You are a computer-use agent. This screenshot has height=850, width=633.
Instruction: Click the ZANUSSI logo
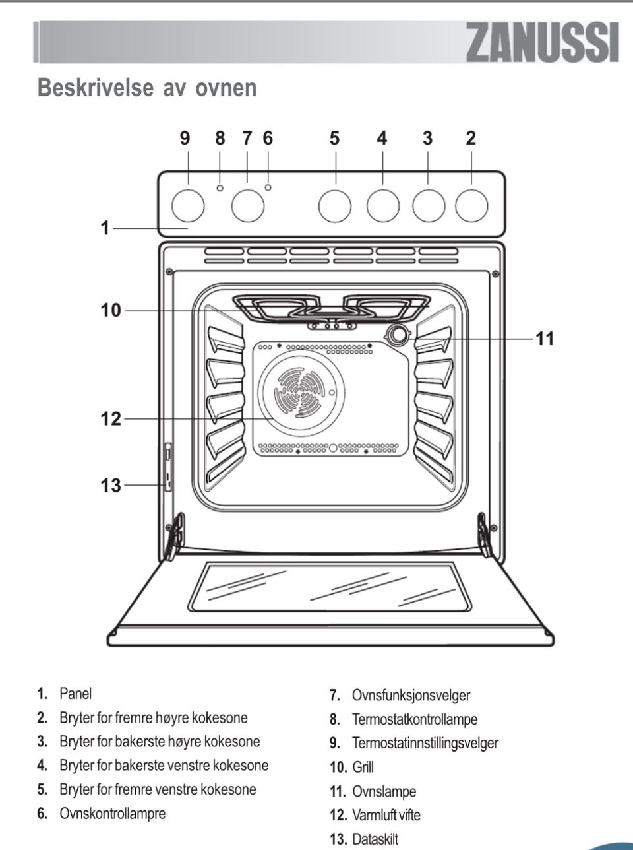coord(543,43)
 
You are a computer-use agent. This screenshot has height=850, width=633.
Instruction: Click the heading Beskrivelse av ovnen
coord(147,87)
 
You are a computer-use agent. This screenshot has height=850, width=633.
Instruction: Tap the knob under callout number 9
coord(188,206)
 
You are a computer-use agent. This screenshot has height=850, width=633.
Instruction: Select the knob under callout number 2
coord(471,206)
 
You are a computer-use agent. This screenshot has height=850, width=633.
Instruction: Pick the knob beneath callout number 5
coord(334,206)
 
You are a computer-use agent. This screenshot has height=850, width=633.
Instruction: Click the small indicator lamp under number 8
coord(220,188)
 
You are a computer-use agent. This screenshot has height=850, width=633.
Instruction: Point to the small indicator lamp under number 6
coord(268,188)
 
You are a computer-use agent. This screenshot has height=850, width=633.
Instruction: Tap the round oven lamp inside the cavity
coord(398,335)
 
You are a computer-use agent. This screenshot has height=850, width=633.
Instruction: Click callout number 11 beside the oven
coord(545,339)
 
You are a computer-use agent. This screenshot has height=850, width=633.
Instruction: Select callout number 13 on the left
coord(111,486)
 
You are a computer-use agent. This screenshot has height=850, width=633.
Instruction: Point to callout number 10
coord(111,310)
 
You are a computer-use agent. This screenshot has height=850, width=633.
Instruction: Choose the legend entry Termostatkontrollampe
coord(415,719)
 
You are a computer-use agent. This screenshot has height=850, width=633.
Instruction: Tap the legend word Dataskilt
coord(375,839)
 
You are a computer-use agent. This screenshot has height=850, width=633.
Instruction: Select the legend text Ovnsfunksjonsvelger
coord(411,695)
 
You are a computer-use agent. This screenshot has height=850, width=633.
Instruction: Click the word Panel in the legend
coord(76,694)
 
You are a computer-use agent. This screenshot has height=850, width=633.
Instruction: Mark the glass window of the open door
coord(337,587)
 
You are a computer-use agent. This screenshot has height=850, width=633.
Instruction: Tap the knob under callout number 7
coord(248,206)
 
